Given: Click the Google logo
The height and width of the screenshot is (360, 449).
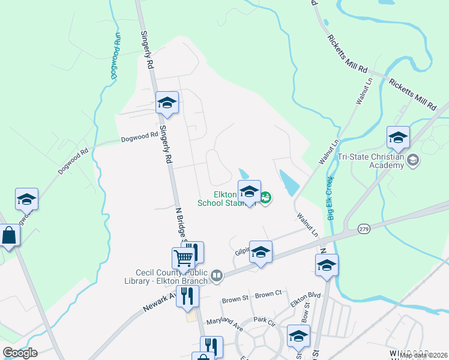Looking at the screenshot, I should click(20, 353).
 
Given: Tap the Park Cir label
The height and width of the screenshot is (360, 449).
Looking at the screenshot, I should click(264, 321).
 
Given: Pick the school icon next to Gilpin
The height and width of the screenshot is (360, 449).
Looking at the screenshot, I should click(261, 253).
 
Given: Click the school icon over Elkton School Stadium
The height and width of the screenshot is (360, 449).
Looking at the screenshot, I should click(249, 191).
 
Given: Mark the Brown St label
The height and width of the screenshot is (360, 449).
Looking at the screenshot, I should click(235, 299).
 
